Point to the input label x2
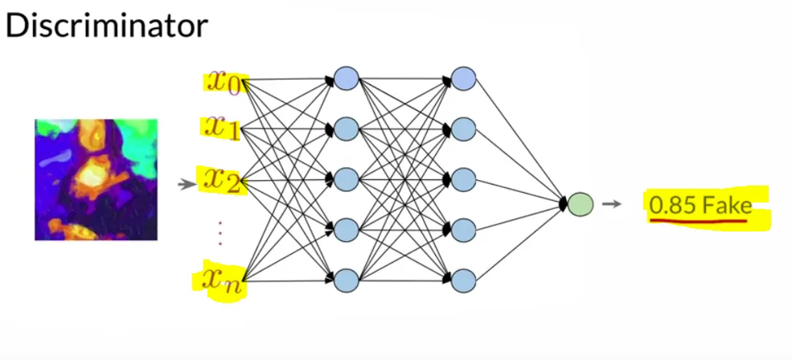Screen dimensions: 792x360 pos(222,180)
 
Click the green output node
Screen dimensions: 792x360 pos(580,204)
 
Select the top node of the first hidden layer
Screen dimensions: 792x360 pos(347,79)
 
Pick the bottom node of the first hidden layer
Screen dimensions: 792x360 pos(347,280)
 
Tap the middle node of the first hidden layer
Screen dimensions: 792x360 pos(347,180)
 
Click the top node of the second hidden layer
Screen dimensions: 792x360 pos(463,79)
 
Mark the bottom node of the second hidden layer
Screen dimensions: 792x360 pos(463,280)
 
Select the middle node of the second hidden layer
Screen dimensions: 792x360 pos(463,180)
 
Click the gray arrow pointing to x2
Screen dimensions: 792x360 pos(187,185)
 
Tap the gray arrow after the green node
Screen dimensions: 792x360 pos(611,204)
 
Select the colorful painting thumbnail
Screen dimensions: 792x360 pos(96,179)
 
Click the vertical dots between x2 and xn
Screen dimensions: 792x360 pos(220,233)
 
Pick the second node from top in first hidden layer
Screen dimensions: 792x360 pos(347,129)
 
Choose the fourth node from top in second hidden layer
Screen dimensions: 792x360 pos(463,231)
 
